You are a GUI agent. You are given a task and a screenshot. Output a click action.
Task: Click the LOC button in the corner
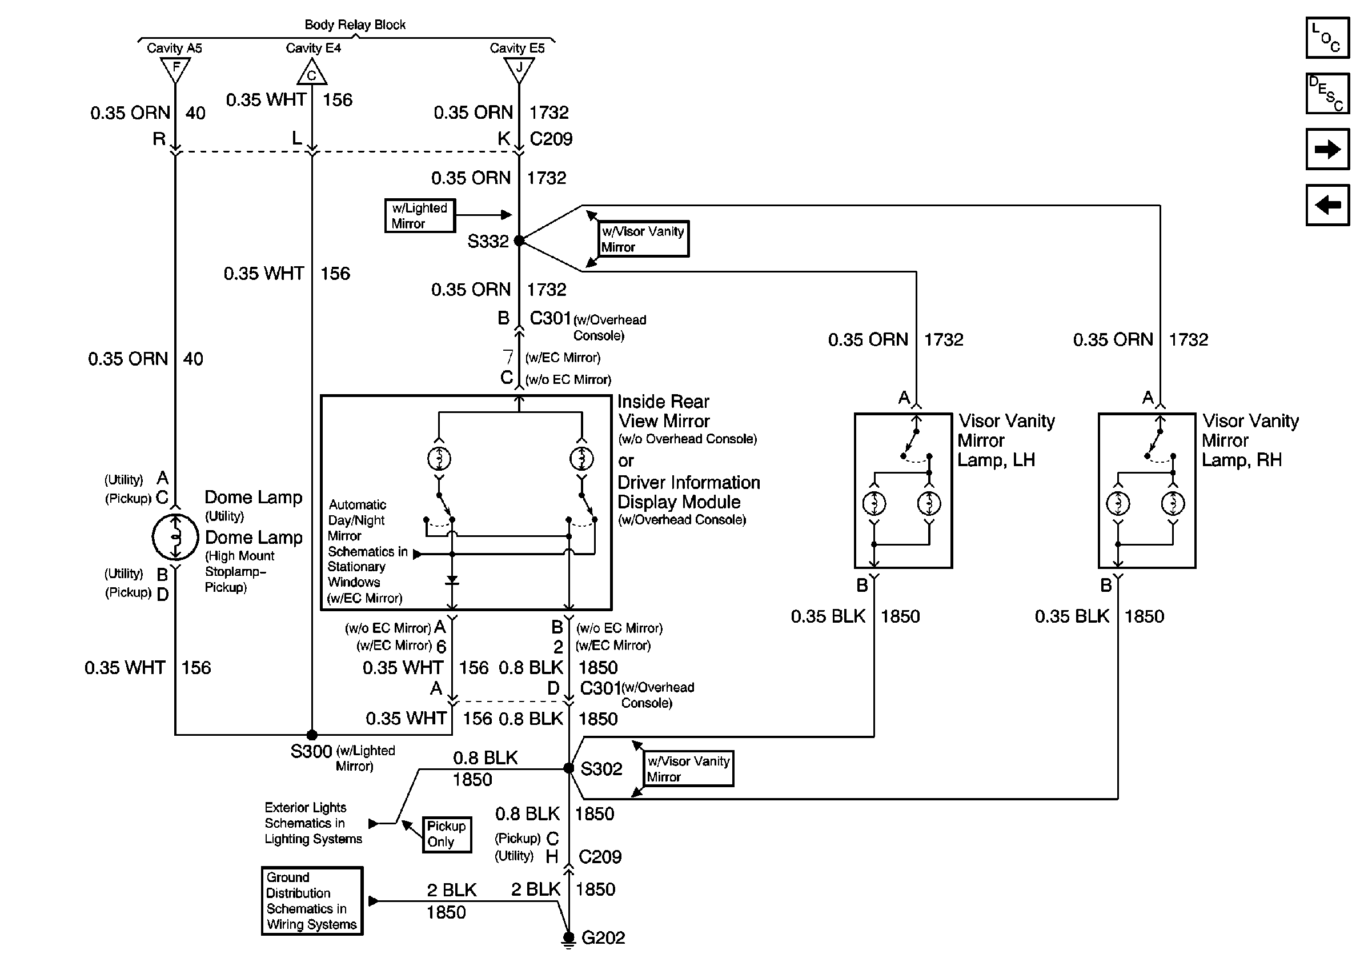[x=1327, y=38]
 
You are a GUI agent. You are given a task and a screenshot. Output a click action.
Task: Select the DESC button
[x=1327, y=93]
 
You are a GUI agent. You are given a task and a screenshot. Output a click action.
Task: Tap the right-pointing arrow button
[x=1327, y=149]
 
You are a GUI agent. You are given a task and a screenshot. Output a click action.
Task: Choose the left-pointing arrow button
[x=1327, y=205]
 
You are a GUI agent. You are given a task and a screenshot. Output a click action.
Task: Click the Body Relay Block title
[x=355, y=25]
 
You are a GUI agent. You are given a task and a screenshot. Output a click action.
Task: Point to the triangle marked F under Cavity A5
[x=176, y=69]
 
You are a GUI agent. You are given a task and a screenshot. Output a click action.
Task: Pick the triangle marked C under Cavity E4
[x=311, y=74]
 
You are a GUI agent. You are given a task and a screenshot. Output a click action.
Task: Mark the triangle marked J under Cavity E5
[x=519, y=69]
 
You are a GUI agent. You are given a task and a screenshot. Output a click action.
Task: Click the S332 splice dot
[x=519, y=241]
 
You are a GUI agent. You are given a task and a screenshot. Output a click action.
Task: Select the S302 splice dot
[x=569, y=768]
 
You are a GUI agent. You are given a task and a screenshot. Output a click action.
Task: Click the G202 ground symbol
[x=569, y=940]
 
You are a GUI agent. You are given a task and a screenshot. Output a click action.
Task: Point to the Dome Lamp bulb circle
[x=175, y=536]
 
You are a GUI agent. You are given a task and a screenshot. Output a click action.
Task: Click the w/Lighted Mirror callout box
[x=419, y=216]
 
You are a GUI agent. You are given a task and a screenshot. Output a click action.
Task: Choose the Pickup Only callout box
[x=446, y=834]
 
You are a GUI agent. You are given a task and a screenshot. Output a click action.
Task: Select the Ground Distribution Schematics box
[x=312, y=900]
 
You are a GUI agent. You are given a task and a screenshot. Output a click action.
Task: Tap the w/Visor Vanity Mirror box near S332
[x=644, y=239]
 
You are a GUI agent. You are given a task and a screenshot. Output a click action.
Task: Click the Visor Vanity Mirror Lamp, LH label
[x=1006, y=440]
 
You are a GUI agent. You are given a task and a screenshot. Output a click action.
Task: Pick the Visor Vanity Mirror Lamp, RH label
[x=1250, y=440]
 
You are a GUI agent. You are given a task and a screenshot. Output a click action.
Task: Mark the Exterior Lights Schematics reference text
[x=313, y=823]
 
